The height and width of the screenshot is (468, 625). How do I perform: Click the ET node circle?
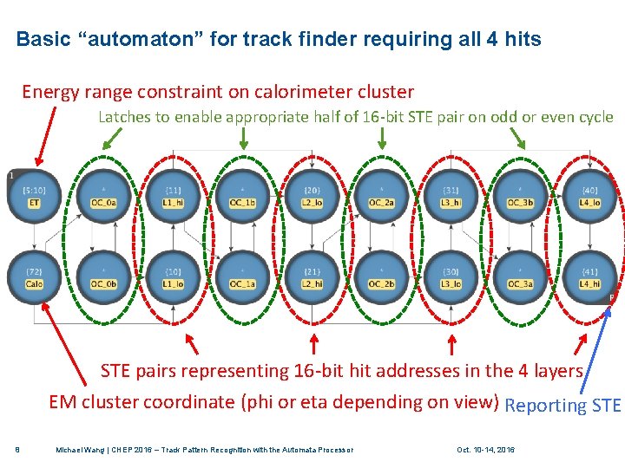(34, 195)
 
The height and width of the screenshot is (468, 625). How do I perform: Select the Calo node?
(34, 276)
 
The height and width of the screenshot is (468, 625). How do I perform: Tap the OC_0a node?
(103, 195)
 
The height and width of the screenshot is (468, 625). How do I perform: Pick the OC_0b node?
(103, 276)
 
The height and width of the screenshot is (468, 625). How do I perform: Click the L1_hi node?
(173, 195)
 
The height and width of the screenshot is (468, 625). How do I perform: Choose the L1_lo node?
(173, 276)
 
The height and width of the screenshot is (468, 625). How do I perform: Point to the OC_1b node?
(242, 195)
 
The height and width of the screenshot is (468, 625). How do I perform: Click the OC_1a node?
(242, 276)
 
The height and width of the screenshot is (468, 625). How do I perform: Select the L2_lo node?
(312, 195)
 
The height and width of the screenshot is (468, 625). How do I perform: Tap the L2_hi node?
(312, 276)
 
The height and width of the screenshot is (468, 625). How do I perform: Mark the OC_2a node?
(381, 195)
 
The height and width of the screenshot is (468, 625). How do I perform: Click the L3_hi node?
(451, 195)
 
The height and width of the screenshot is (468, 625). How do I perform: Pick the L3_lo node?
(451, 276)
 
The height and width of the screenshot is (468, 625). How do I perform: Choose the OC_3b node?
(520, 195)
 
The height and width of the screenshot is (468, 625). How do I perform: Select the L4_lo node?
(589, 195)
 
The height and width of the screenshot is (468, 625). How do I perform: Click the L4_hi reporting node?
(589, 276)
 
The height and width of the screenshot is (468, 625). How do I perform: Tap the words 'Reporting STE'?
(562, 405)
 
